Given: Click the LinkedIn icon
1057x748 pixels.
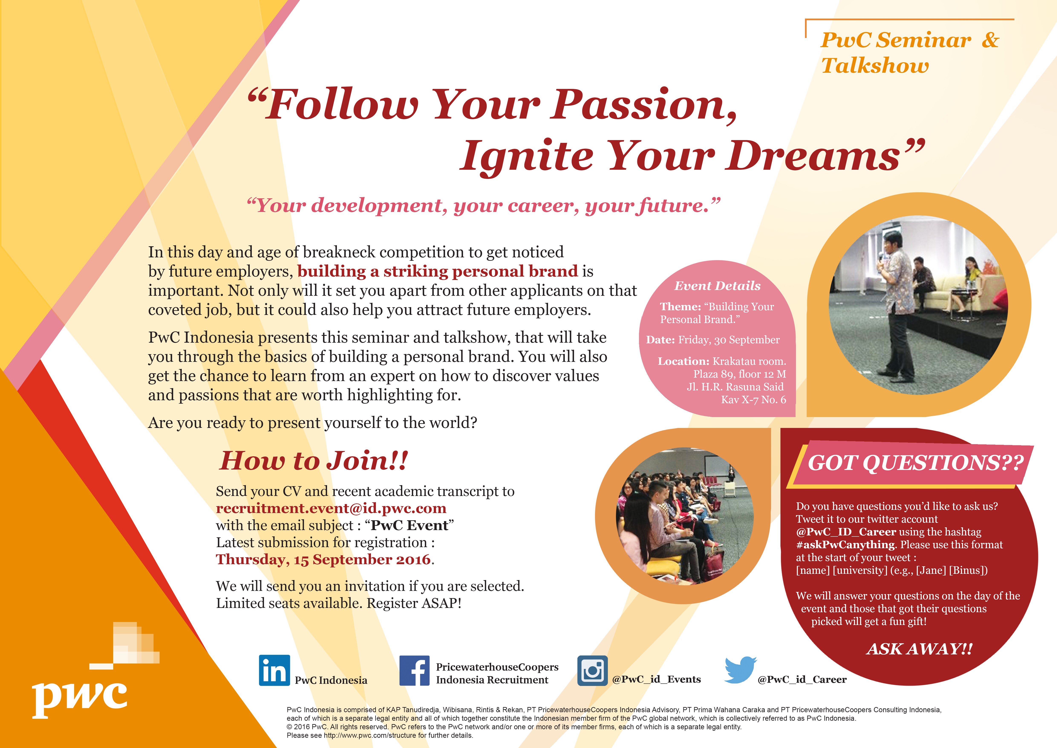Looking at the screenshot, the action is click(274, 670).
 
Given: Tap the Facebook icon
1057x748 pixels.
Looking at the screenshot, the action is click(414, 671).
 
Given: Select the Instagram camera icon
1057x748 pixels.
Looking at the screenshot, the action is click(593, 671).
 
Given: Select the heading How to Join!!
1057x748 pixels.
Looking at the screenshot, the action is click(314, 461).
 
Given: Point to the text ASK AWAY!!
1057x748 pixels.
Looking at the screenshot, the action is click(919, 649).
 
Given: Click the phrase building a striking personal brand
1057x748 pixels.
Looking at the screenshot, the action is click(437, 271).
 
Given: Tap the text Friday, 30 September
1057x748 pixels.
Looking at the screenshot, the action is click(729, 340).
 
